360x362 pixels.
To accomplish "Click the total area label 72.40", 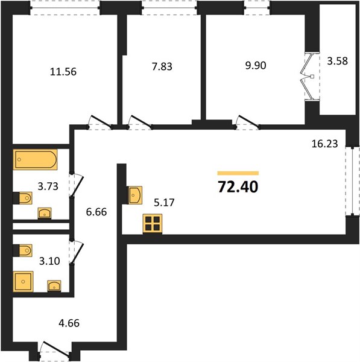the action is (x=238, y=187).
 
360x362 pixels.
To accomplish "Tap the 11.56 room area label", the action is (x=63, y=72).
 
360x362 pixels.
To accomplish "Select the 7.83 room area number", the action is (x=162, y=66).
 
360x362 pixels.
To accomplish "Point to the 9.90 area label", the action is (x=256, y=66).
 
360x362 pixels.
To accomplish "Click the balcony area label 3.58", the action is (x=337, y=62).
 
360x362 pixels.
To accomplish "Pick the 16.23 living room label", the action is (x=324, y=144).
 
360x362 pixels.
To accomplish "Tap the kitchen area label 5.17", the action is (x=164, y=203).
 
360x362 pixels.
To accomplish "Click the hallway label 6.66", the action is (x=96, y=212).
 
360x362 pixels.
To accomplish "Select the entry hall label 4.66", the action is (x=69, y=323).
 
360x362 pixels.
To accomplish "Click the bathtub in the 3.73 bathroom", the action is (x=36, y=159).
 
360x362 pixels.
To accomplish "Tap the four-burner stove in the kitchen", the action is (x=153, y=224).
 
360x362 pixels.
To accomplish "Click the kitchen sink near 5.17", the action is (x=134, y=195).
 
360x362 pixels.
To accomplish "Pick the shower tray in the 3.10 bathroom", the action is (x=23, y=281).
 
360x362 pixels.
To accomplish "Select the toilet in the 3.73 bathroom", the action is (x=25, y=198).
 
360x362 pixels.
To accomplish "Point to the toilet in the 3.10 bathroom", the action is (x=25, y=250).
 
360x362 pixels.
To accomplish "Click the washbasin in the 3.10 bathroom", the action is (x=54, y=286).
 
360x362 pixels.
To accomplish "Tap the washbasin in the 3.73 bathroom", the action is (x=45, y=213).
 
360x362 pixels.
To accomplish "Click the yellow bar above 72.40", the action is (x=238, y=173).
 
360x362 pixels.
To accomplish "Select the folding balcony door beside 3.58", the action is (x=310, y=77).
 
